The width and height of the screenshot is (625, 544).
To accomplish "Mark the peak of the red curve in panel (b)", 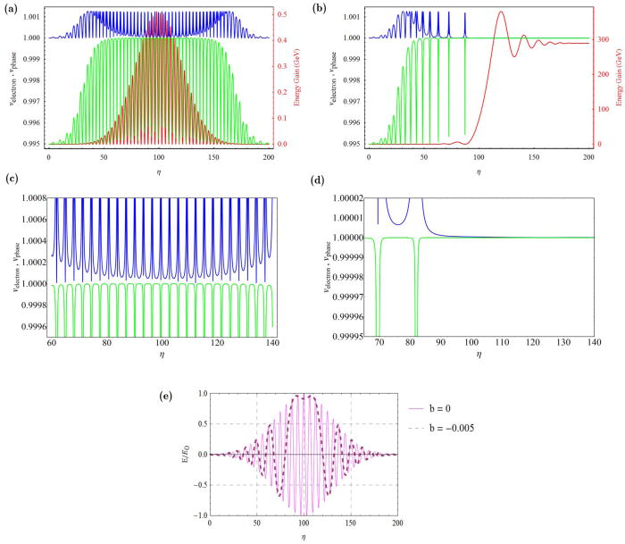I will (500, 12).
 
